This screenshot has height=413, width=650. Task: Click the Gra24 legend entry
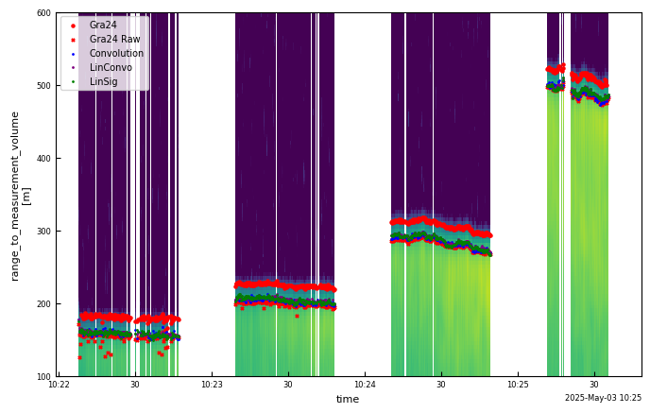pyautogui.click(x=103, y=26)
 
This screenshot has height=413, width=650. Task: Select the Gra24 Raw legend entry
pyautogui.click(x=114, y=40)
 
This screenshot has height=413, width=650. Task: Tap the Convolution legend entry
pyautogui.click(x=116, y=54)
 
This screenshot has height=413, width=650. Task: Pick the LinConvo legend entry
pyautogui.click(x=111, y=68)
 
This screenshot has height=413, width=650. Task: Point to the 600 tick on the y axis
pyautogui.click(x=43, y=13)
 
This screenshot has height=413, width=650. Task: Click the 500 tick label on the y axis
pyautogui.click(x=43, y=86)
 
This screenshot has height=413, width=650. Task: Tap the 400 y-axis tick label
pyautogui.click(x=43, y=159)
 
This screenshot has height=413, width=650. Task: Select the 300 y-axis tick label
pyautogui.click(x=43, y=232)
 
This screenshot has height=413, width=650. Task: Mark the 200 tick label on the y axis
pyautogui.click(x=43, y=304)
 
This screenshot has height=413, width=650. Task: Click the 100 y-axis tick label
pyautogui.click(x=43, y=377)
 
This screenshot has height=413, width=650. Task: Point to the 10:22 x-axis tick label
pyautogui.click(x=59, y=386)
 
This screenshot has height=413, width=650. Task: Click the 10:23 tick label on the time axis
pyautogui.click(x=212, y=386)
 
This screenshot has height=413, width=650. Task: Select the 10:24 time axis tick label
pyautogui.click(x=365, y=386)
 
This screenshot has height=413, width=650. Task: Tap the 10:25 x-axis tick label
pyautogui.click(x=518, y=386)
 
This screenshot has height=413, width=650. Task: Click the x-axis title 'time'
pyautogui.click(x=348, y=400)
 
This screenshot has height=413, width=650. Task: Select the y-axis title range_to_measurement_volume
pyautogui.click(x=15, y=196)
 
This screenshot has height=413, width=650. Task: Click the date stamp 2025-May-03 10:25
pyautogui.click(x=603, y=399)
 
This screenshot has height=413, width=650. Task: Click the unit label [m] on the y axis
pyautogui.click(x=27, y=196)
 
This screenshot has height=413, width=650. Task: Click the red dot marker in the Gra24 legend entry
pyautogui.click(x=74, y=26)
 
